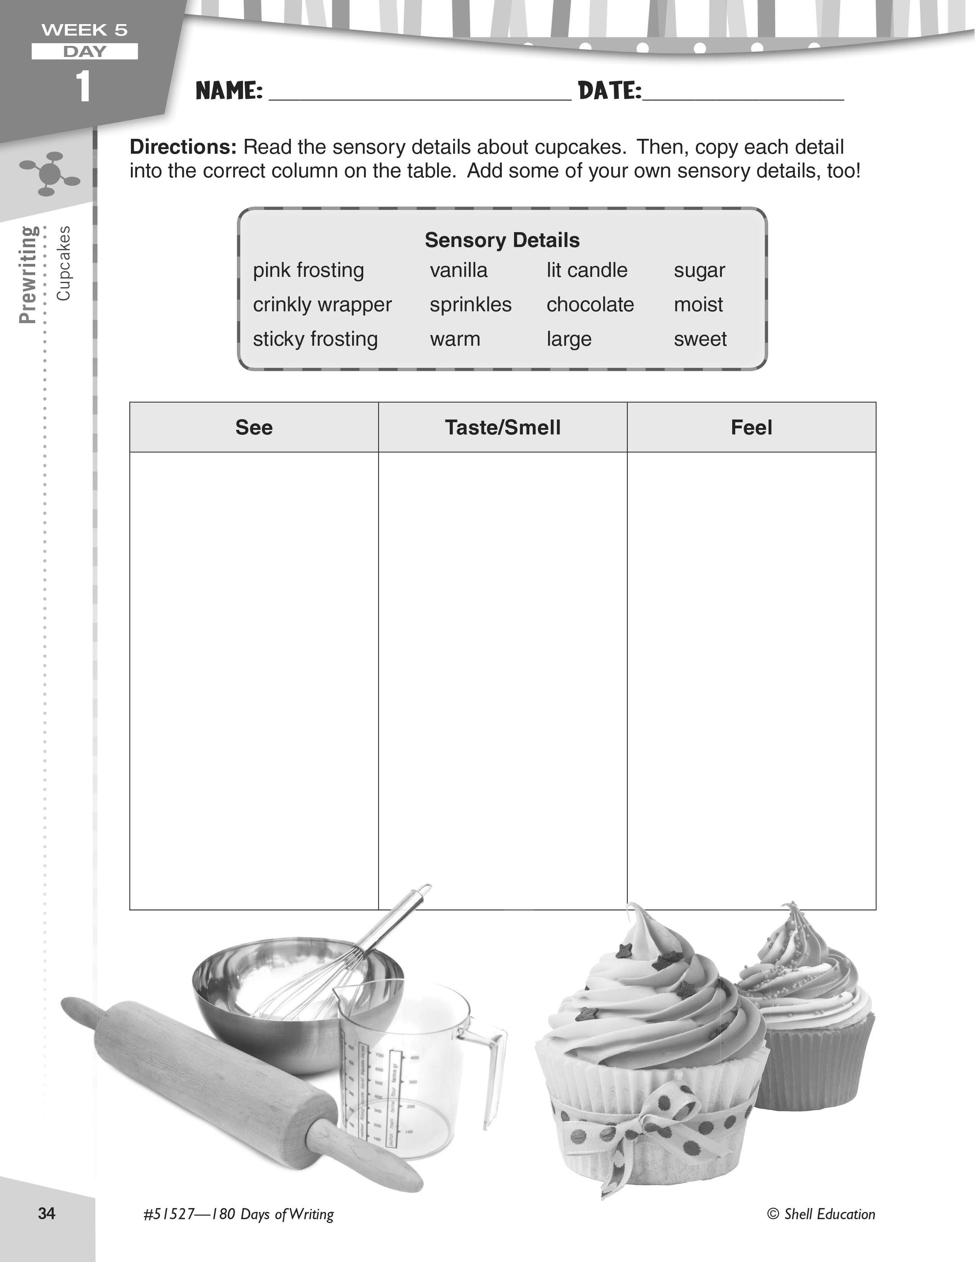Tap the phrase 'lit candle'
[587, 270]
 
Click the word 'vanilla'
[459, 270]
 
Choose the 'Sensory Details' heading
[502, 240]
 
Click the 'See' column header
[254, 428]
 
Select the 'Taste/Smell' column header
[503, 428]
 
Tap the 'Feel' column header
[751, 428]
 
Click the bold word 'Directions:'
[183, 147]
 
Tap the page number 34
[47, 1213]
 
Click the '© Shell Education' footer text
[821, 1213]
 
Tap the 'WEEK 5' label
[85, 30]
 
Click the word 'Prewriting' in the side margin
[28, 275]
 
